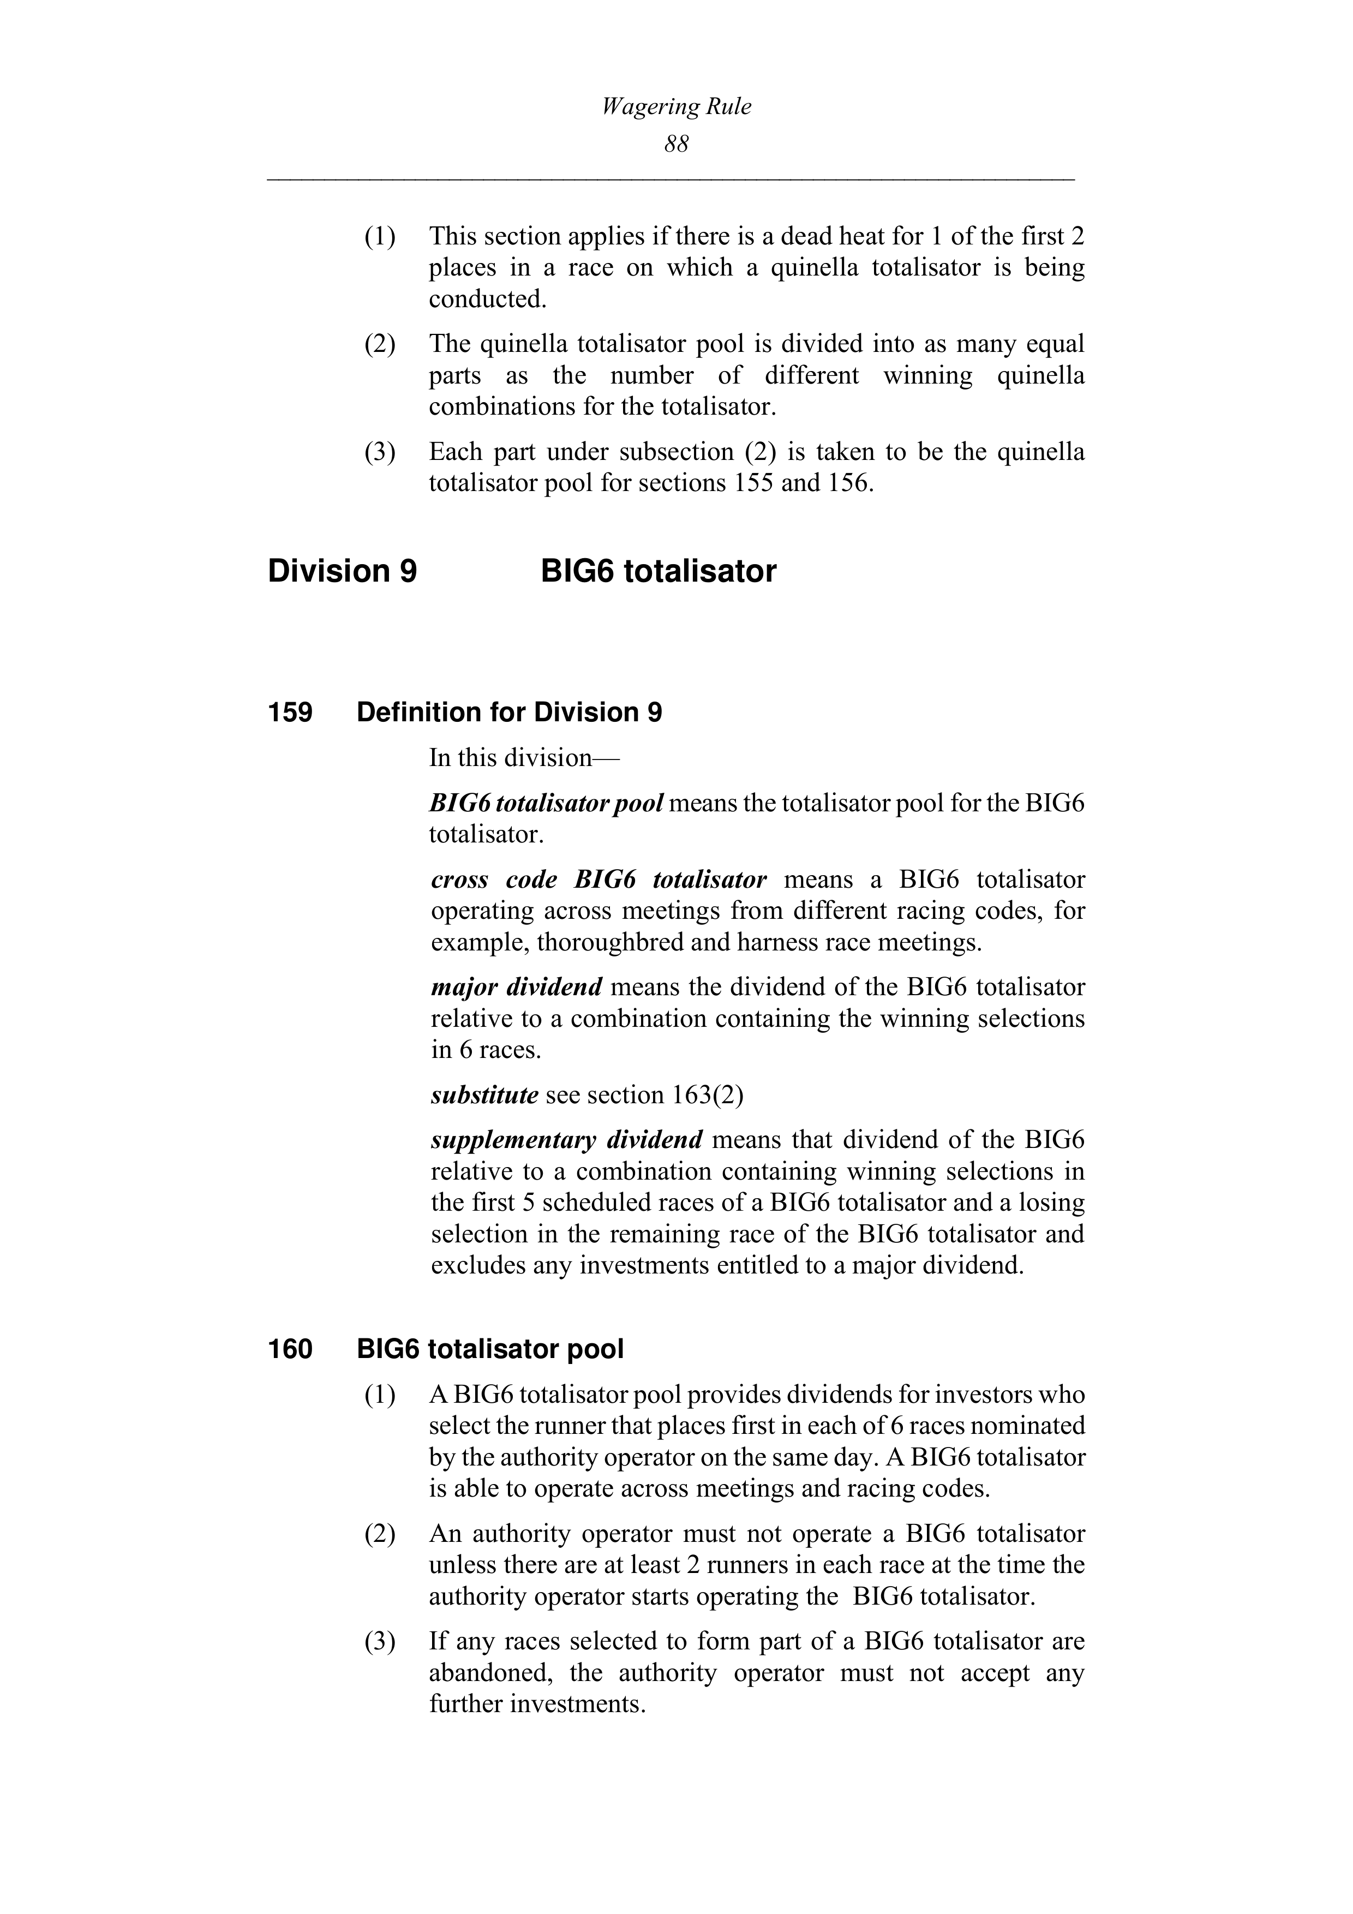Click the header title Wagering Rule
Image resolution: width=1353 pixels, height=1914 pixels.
click(676, 107)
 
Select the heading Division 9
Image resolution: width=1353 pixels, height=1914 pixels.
click(342, 572)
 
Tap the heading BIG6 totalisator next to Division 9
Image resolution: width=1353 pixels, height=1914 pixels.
click(658, 572)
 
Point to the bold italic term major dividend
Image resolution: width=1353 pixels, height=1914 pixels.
click(516, 987)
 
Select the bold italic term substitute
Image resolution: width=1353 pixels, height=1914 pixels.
click(484, 1094)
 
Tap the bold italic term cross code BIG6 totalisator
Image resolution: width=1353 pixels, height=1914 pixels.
click(598, 880)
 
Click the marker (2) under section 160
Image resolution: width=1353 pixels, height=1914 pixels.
click(379, 1534)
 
